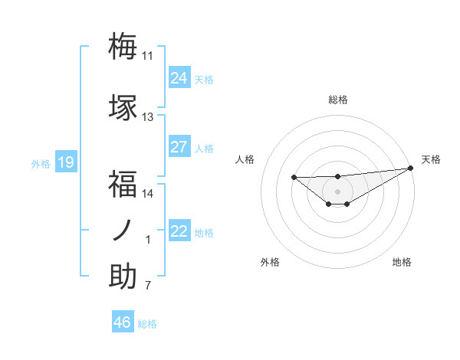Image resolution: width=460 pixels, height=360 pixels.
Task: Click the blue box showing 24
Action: [x=179, y=78]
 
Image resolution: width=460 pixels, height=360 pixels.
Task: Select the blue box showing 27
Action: [x=179, y=147]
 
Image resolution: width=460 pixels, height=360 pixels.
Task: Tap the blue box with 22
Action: [x=179, y=231]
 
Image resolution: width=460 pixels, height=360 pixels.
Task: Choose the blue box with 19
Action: [x=65, y=162]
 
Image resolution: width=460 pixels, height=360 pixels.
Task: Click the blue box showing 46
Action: [x=123, y=322]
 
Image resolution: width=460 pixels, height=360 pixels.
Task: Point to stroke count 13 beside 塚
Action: [x=147, y=117]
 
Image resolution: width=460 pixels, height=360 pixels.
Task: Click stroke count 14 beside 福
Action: [x=147, y=193]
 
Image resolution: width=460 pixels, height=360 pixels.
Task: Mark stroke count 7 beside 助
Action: [x=148, y=286]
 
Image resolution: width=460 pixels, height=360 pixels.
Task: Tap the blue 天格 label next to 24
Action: [x=204, y=79]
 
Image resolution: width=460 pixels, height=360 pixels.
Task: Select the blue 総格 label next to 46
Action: [x=147, y=323]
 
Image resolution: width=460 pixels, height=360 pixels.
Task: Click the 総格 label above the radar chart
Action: [x=337, y=100]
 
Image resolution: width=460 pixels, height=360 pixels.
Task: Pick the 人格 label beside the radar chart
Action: [x=245, y=159]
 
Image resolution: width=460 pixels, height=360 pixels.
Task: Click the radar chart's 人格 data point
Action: [x=294, y=178]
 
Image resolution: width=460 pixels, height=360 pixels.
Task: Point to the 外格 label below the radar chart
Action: [x=270, y=262]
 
